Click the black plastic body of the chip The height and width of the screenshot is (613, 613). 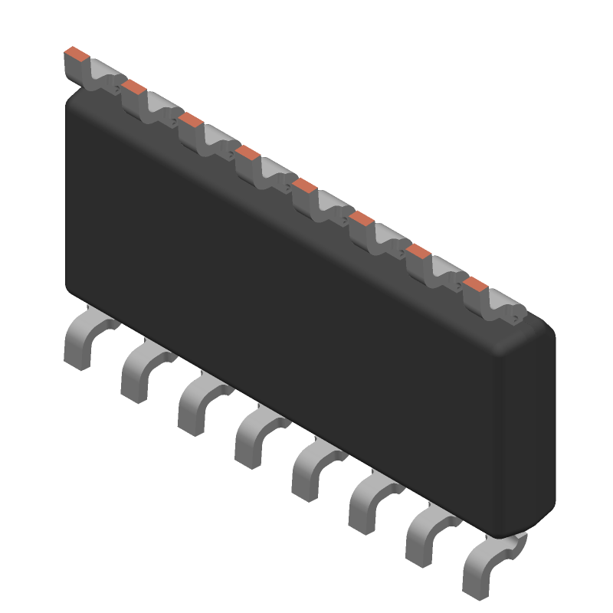pyautogui.click(x=306, y=306)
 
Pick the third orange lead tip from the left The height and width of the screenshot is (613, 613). pyautogui.click(x=191, y=119)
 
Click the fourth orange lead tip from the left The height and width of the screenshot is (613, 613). pyautogui.click(x=248, y=152)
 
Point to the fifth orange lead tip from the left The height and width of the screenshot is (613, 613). pyautogui.click(x=305, y=185)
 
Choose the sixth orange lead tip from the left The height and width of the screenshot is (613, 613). pyautogui.click(x=362, y=219)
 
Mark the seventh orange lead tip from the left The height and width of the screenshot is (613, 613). pyautogui.click(x=418, y=251)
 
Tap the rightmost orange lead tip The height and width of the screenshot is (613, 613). pyautogui.click(x=476, y=285)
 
